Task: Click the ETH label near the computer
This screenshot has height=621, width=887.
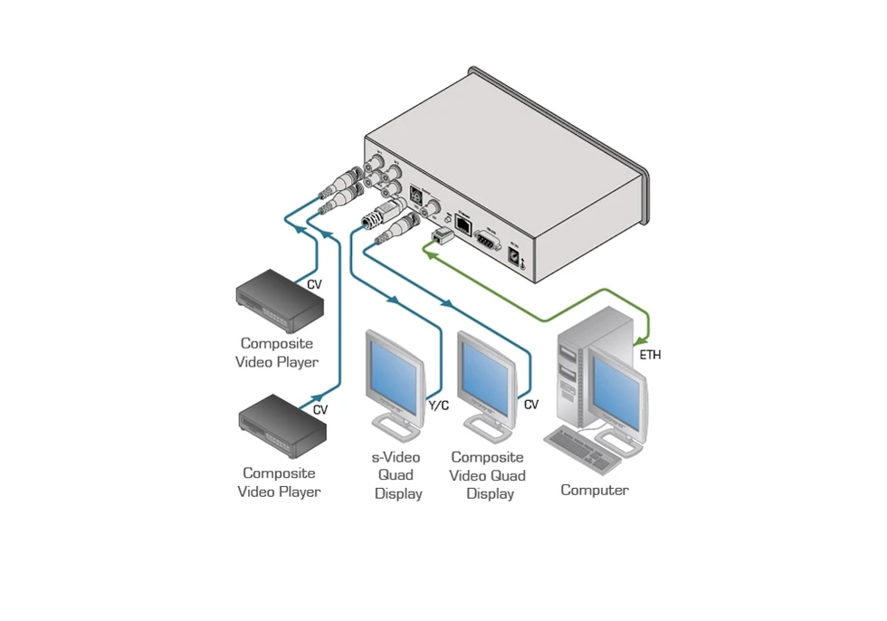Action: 650,355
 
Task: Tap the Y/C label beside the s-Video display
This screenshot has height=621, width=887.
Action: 438,405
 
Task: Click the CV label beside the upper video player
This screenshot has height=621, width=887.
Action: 314,283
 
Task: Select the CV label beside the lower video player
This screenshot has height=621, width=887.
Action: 320,409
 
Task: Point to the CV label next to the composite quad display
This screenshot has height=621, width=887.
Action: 530,405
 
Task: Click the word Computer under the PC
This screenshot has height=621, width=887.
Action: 594,491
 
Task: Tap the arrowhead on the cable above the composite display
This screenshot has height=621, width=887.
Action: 445,301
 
